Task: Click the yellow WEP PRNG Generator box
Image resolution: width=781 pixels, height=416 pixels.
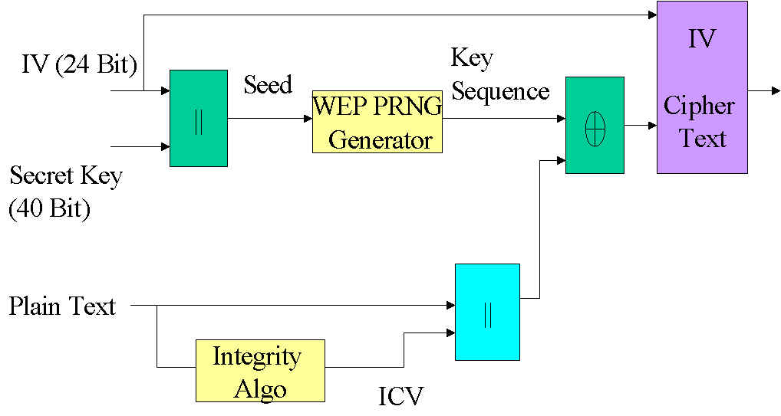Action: pos(377,121)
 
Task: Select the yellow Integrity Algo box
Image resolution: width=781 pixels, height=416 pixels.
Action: pos(260,371)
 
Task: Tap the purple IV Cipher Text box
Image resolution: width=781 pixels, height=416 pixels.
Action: pos(701,87)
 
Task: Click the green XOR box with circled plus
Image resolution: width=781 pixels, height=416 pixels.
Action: pos(595,125)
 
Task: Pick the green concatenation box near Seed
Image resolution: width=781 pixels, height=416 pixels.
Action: pos(198,118)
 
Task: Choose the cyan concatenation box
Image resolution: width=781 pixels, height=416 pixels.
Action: pos(487,312)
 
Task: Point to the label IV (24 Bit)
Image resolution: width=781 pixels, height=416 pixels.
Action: pos(79,66)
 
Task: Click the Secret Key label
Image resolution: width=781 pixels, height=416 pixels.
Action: pos(66,177)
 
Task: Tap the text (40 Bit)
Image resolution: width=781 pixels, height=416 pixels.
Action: pos(50,209)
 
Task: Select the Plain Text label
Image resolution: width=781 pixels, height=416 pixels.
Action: pos(62,306)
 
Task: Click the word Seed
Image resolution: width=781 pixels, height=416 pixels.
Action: pos(268,84)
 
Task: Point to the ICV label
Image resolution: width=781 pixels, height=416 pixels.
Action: pos(400,396)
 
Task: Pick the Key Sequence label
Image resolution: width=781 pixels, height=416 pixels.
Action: pos(499,75)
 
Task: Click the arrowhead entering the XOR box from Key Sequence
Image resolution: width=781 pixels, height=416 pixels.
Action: pos(560,119)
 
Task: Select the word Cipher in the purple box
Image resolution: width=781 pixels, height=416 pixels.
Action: pos(700,106)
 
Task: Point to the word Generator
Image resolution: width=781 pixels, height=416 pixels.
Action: pos(381,141)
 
